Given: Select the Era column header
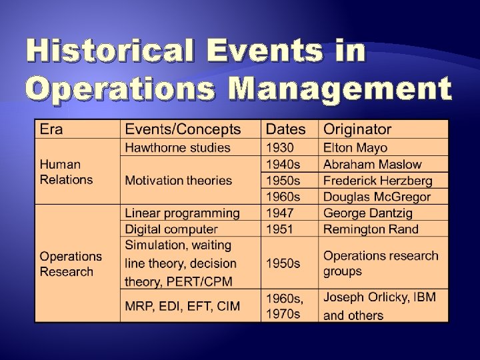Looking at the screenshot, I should (x=52, y=129).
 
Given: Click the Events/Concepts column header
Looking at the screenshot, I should (x=183, y=129).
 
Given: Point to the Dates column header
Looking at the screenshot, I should (x=286, y=129).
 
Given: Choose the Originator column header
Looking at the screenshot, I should (x=357, y=129).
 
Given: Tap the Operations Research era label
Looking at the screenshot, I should (x=71, y=264).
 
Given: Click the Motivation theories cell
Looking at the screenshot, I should (x=179, y=180).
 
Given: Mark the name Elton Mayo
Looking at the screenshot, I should (x=355, y=147).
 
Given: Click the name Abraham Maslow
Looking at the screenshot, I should (x=372, y=164).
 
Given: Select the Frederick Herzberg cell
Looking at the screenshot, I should (x=377, y=181).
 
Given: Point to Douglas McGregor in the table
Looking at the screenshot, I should (x=377, y=197).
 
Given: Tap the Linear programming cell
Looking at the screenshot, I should (x=182, y=213).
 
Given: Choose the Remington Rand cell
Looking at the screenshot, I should (x=371, y=229).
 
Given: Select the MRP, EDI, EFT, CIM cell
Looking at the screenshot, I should (x=183, y=306).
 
